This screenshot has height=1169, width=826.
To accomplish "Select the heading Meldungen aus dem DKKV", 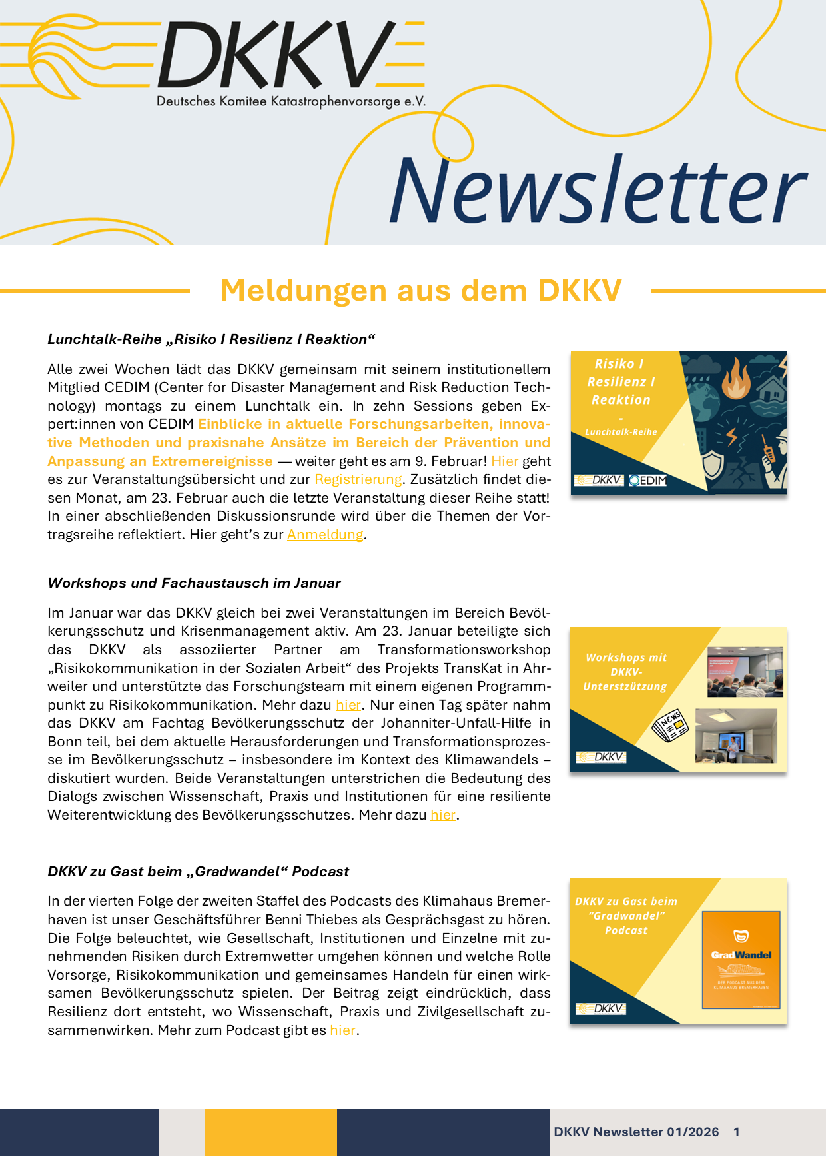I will point(420,291).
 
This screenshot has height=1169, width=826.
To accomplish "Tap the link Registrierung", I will point(358,479).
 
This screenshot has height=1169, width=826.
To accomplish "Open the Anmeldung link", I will point(325,535).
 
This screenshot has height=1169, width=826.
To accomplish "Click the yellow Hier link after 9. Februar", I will point(504,461).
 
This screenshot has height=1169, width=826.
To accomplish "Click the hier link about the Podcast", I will point(342,1030).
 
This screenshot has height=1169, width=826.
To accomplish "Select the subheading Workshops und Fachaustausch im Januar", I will point(194,583).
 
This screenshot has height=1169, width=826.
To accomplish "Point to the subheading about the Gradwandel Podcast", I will point(198,872).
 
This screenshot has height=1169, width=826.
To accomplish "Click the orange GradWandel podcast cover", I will point(741,959).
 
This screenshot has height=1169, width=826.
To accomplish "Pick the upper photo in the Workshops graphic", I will point(745,672).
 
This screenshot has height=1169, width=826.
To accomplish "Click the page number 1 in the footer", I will point(736,1132).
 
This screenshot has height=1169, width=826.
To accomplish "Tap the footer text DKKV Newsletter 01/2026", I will point(636,1132).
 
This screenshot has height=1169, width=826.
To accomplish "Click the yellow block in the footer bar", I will point(270,1132).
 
